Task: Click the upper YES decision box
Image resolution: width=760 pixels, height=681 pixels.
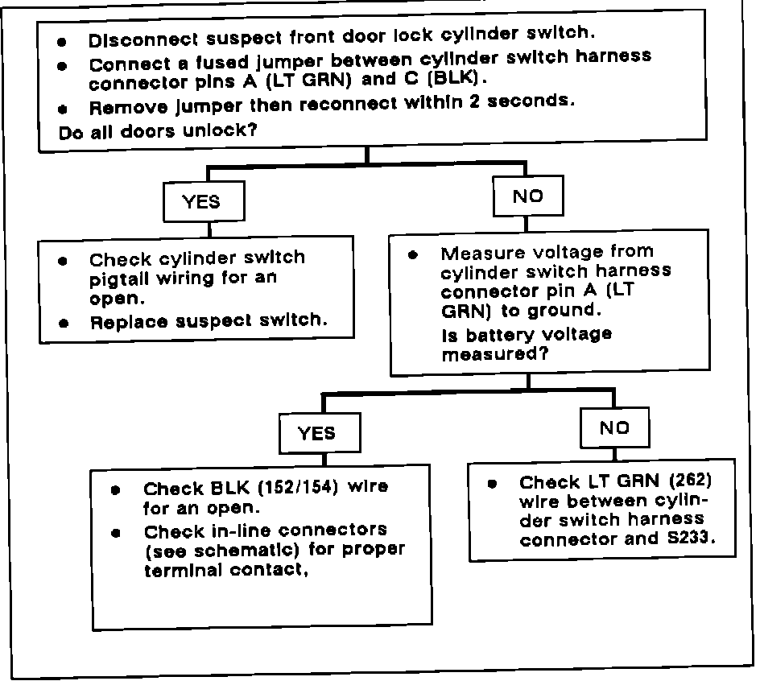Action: pyautogui.click(x=201, y=201)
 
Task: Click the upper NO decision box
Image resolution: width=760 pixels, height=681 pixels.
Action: pyautogui.click(x=527, y=196)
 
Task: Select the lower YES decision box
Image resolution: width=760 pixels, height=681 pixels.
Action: pyautogui.click(x=316, y=433)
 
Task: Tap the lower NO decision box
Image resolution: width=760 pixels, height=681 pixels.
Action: pyautogui.click(x=614, y=428)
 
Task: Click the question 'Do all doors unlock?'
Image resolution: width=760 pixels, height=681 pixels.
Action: pyautogui.click(x=159, y=132)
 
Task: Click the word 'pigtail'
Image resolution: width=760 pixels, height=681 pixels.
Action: pyautogui.click(x=120, y=279)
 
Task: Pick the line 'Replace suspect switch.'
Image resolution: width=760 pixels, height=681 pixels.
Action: pyautogui.click(x=209, y=320)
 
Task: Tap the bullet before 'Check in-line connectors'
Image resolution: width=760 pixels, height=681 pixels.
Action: pyautogui.click(x=118, y=532)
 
